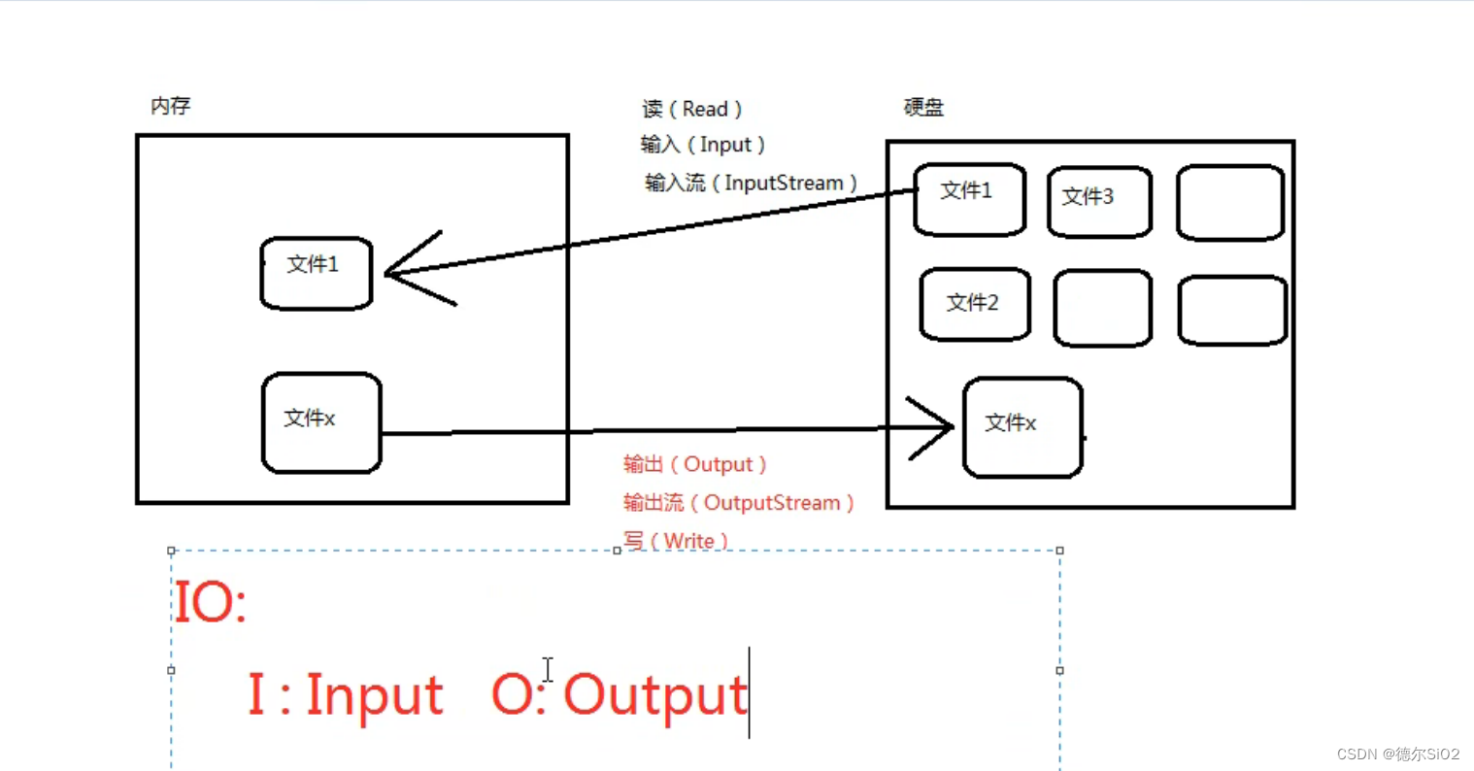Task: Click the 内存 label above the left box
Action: (x=170, y=106)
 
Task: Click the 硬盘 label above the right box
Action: (x=923, y=107)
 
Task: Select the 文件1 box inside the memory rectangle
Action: (x=317, y=273)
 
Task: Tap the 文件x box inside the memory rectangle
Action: (x=321, y=422)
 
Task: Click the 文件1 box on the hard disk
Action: (x=969, y=199)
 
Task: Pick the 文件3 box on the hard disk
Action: (x=1099, y=202)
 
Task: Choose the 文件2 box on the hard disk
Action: (x=975, y=305)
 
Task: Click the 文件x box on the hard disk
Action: (x=1022, y=427)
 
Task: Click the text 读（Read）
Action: (x=691, y=109)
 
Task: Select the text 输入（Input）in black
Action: (x=703, y=145)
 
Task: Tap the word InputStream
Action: (x=784, y=183)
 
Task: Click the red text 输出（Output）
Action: (x=695, y=464)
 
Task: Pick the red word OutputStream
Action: (x=772, y=503)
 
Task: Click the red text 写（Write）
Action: (x=676, y=541)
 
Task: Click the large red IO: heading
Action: (x=210, y=602)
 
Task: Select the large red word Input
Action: (x=374, y=695)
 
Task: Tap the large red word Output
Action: (x=654, y=695)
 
